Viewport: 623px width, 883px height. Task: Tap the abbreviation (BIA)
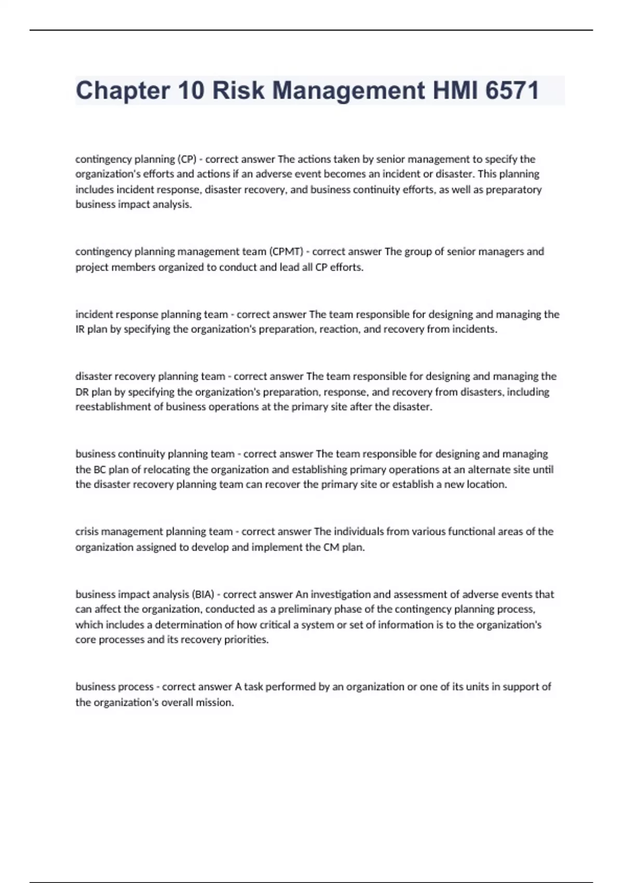pos(203,594)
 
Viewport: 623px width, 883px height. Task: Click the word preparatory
pos(513,190)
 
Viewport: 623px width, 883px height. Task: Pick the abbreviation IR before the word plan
pos(80,329)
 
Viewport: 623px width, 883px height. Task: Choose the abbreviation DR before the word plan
pos(82,392)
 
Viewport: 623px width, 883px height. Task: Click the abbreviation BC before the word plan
pos(99,470)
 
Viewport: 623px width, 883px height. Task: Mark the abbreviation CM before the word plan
pos(331,547)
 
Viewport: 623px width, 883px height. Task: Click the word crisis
pos(87,531)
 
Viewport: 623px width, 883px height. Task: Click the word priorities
pos(246,640)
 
